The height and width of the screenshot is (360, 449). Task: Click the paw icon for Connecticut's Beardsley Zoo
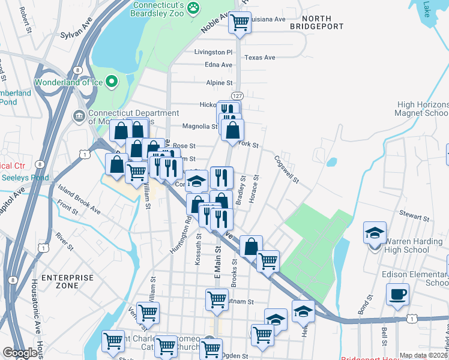pyautogui.click(x=193, y=7)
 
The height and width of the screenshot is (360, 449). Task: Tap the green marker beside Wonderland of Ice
pyautogui.click(x=112, y=81)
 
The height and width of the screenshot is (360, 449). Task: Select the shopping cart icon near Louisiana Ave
pyautogui.click(x=240, y=23)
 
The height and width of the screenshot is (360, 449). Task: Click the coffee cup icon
pyautogui.click(x=397, y=295)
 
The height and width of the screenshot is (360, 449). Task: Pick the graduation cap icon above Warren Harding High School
pyautogui.click(x=375, y=232)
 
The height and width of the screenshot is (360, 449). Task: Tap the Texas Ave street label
pyautogui.click(x=260, y=58)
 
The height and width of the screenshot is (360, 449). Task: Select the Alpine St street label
pyautogui.click(x=219, y=83)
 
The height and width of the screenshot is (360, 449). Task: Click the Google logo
pyautogui.click(x=20, y=353)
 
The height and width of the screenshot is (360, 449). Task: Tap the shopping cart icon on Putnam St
pyautogui.click(x=217, y=299)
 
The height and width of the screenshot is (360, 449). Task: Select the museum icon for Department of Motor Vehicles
pyautogui.click(x=79, y=115)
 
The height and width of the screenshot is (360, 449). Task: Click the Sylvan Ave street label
pyautogui.click(x=76, y=35)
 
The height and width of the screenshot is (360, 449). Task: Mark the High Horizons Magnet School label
pyautogui.click(x=422, y=109)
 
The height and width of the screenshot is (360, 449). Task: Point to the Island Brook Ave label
pyautogui.click(x=79, y=200)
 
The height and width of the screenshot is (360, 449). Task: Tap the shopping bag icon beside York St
pyautogui.click(x=232, y=129)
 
